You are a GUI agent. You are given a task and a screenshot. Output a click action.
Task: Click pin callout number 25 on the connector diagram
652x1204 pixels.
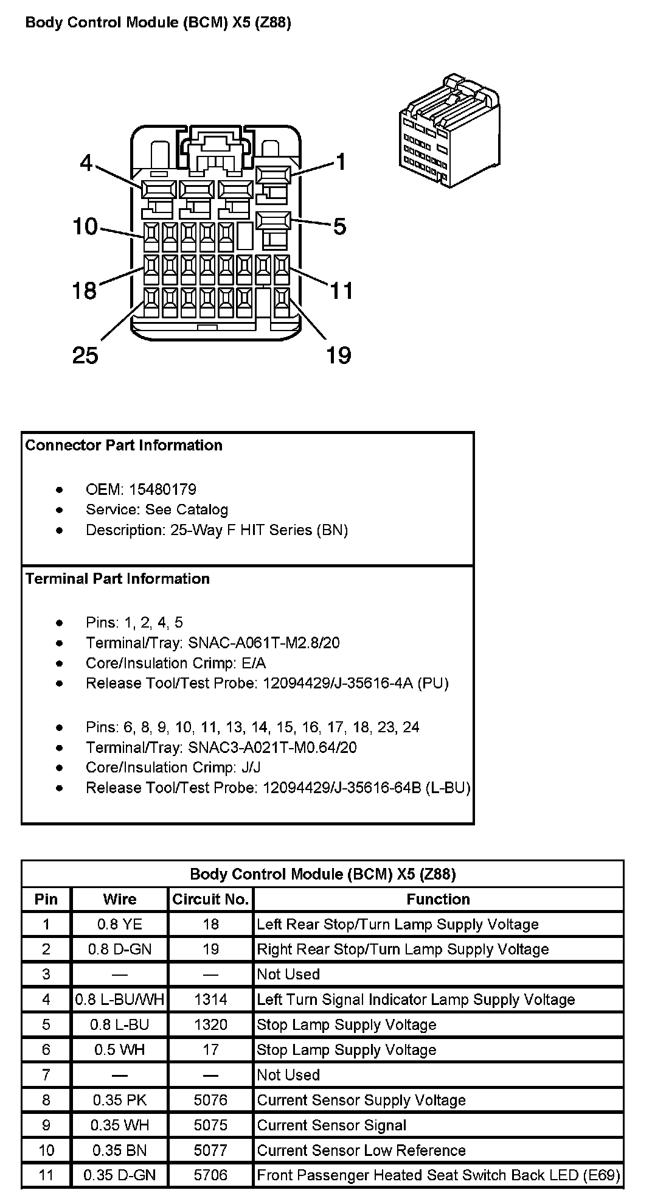click(x=85, y=355)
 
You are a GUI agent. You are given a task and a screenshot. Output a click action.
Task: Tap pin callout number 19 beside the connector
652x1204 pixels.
click(x=339, y=355)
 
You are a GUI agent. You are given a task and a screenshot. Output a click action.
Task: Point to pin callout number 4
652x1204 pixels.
click(x=86, y=163)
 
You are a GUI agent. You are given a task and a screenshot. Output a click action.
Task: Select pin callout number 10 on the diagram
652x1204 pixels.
click(x=85, y=227)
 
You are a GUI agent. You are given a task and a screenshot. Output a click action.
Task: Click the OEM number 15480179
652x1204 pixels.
click(x=162, y=489)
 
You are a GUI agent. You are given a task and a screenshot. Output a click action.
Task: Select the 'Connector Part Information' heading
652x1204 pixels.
click(x=124, y=446)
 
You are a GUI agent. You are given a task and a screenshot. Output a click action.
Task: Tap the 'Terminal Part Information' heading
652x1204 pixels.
click(x=117, y=579)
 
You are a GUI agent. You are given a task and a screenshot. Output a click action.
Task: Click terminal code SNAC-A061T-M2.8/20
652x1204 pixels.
click(x=264, y=643)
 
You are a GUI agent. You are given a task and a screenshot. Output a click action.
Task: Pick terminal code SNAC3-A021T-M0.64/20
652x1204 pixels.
click(x=272, y=747)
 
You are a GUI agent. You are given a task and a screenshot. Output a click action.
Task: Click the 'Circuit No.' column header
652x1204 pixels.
click(x=210, y=899)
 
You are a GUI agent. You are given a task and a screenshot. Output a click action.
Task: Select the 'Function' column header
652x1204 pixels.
click(x=438, y=899)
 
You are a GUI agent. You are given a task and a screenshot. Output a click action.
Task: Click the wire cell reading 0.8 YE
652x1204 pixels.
click(x=119, y=925)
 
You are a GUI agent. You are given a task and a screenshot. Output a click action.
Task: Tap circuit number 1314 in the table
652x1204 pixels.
click(x=210, y=999)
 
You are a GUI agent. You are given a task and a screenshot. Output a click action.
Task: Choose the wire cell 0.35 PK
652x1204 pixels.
click(x=119, y=1100)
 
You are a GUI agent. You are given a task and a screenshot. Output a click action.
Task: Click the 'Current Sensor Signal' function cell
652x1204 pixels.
click(x=331, y=1125)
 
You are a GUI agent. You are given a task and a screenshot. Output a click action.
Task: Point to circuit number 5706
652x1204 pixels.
click(x=210, y=1175)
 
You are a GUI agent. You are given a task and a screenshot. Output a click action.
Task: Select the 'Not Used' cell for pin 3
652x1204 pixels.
click(x=288, y=975)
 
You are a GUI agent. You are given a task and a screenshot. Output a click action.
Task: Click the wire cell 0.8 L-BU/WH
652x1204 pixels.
click(x=119, y=999)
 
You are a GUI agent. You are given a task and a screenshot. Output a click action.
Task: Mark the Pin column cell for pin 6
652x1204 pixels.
click(x=46, y=1050)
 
